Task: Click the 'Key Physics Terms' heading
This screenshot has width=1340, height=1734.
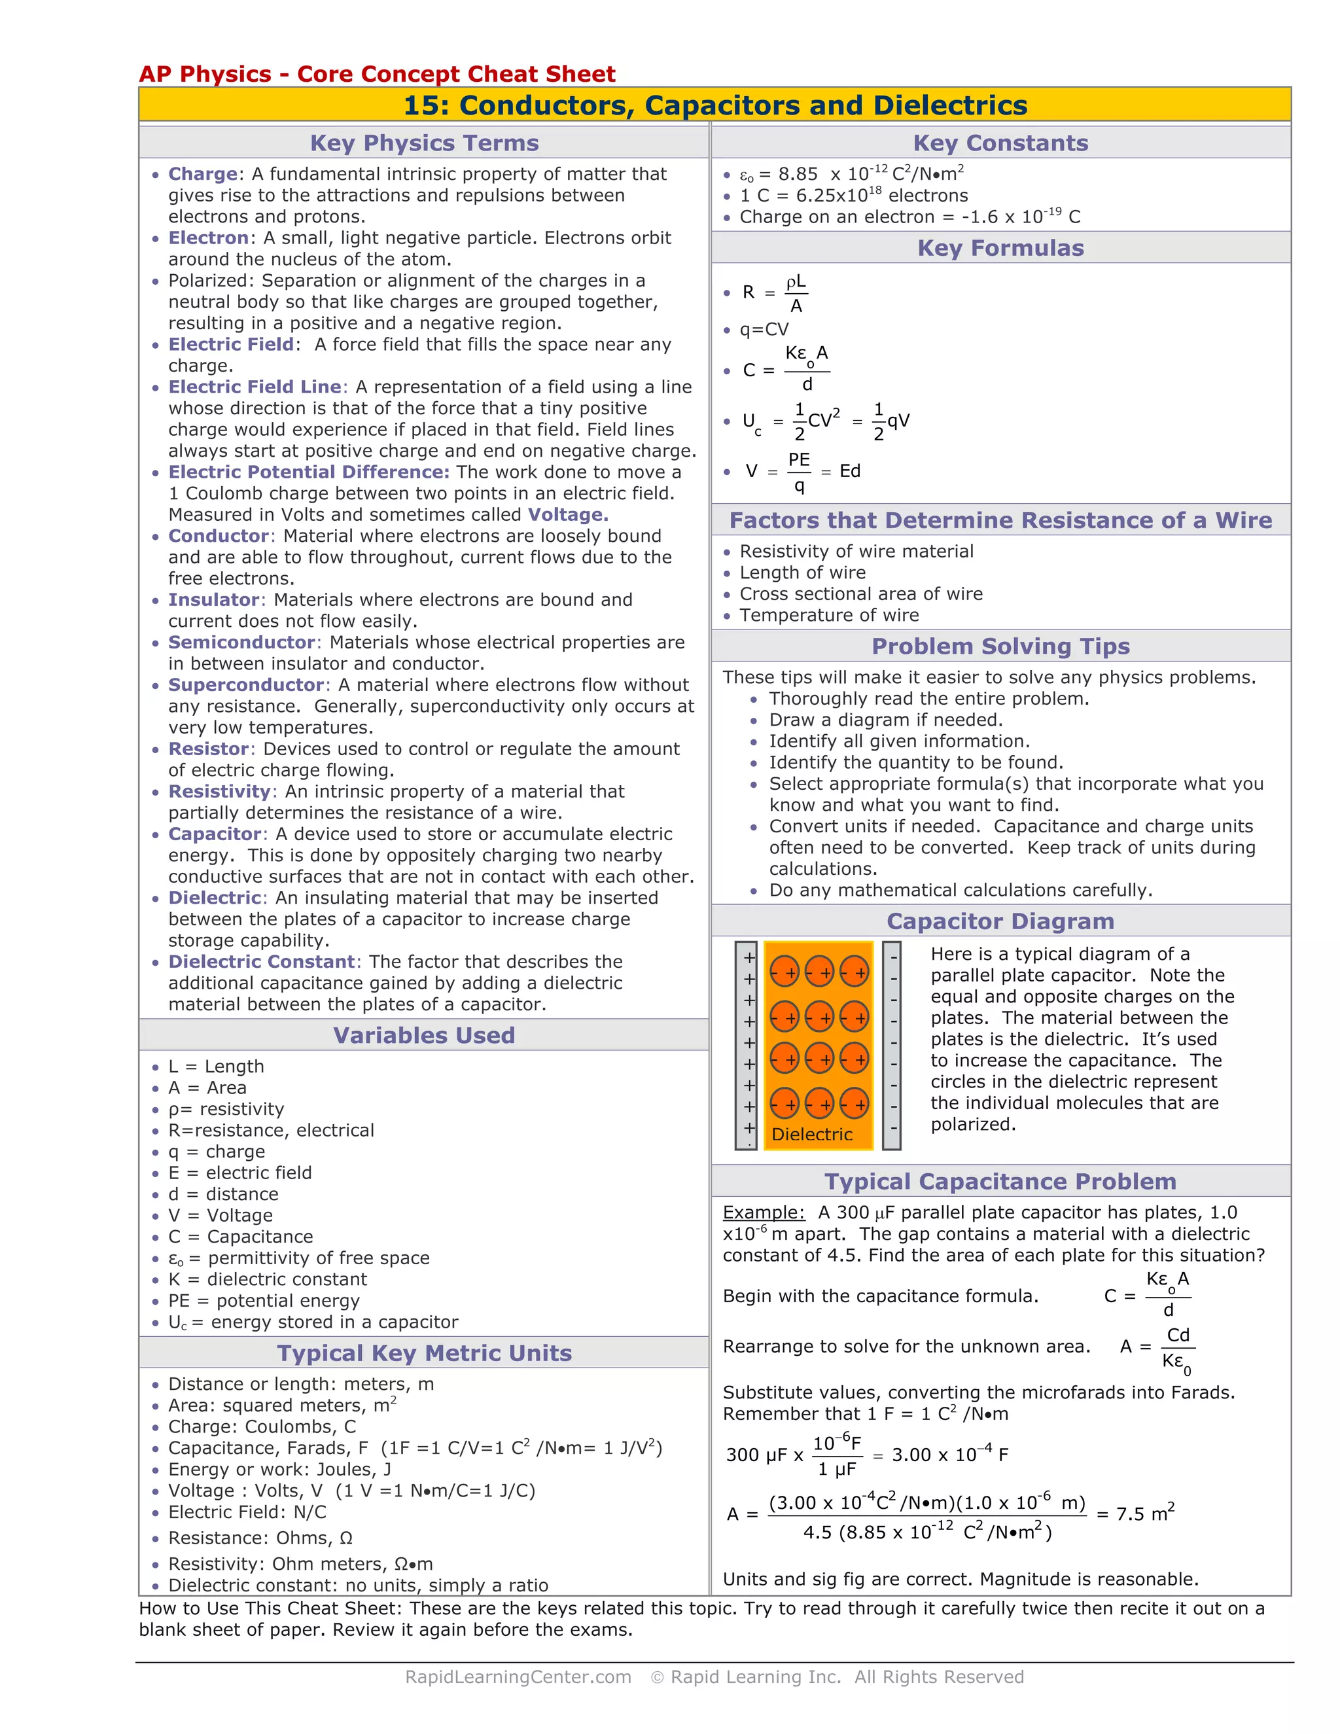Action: (424, 143)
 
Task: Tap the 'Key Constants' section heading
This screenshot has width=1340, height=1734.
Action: (1000, 143)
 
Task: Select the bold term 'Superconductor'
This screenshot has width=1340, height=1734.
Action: (246, 685)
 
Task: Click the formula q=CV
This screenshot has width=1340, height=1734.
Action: (764, 330)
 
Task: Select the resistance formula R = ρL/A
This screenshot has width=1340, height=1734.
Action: (774, 293)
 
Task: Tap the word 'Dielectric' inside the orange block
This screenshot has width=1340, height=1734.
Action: (812, 1135)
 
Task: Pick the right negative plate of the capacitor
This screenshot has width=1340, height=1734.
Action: (892, 1045)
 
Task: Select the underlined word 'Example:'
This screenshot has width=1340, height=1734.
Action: (764, 1212)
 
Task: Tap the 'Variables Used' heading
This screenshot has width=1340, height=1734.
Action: (424, 1035)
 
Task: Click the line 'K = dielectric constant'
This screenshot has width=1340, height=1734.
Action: (268, 1279)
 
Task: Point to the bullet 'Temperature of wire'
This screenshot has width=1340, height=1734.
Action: (829, 615)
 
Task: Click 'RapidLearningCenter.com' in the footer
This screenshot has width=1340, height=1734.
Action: (518, 1677)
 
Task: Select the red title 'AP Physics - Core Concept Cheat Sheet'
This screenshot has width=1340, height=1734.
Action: (377, 74)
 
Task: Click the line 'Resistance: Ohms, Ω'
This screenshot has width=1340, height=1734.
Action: (260, 1538)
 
